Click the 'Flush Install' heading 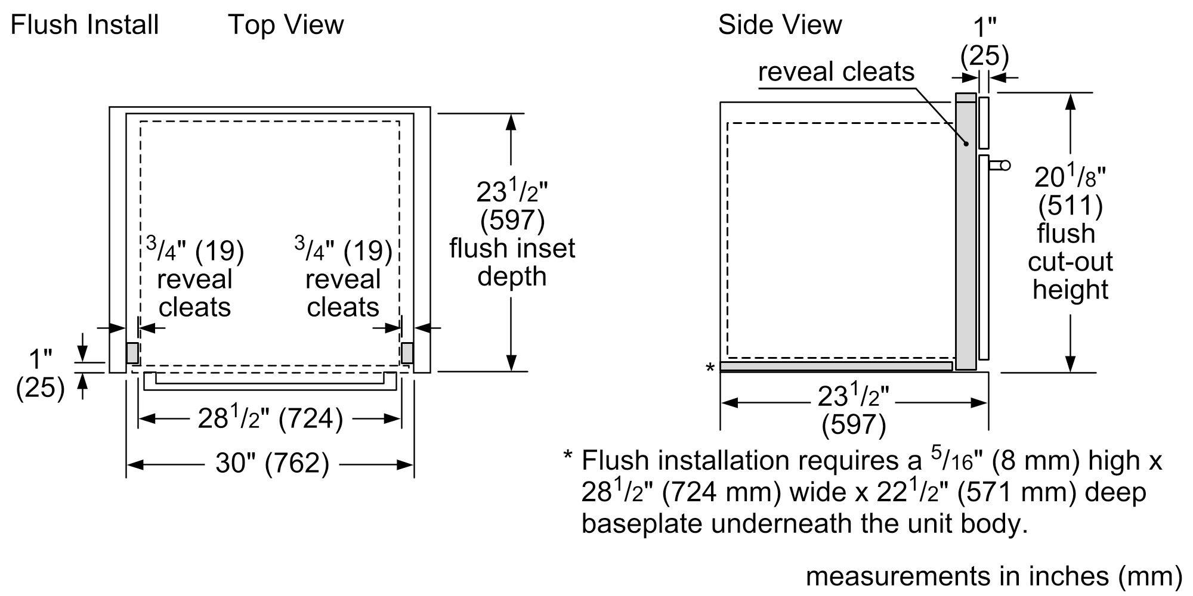[85, 25]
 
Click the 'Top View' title [286, 25]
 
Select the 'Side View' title [779, 25]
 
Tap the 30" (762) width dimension [271, 463]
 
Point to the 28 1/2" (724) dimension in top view [270, 418]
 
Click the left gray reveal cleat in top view [132, 353]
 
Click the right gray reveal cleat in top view [407, 353]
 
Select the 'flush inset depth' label [512, 262]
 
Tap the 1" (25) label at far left [40, 374]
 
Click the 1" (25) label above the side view [984, 42]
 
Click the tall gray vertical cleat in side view [965, 232]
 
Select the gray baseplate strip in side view [835, 366]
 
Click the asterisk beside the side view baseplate [710, 368]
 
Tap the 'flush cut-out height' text [1070, 262]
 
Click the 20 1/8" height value [1070, 178]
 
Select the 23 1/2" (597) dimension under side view [853, 410]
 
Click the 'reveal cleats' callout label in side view [835, 72]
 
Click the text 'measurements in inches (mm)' [993, 576]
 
